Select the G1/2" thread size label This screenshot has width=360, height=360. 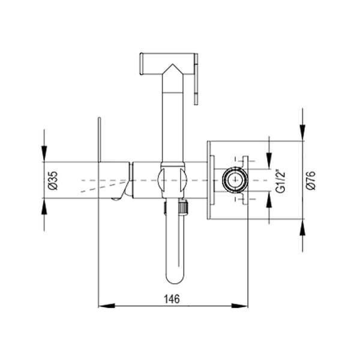279,181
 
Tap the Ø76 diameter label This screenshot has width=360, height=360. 311,181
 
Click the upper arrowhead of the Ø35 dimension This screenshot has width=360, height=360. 44,155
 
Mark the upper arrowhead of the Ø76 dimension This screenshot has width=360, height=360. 303,134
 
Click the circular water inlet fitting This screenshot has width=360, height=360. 233,180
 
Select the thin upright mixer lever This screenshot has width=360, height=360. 99,139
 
